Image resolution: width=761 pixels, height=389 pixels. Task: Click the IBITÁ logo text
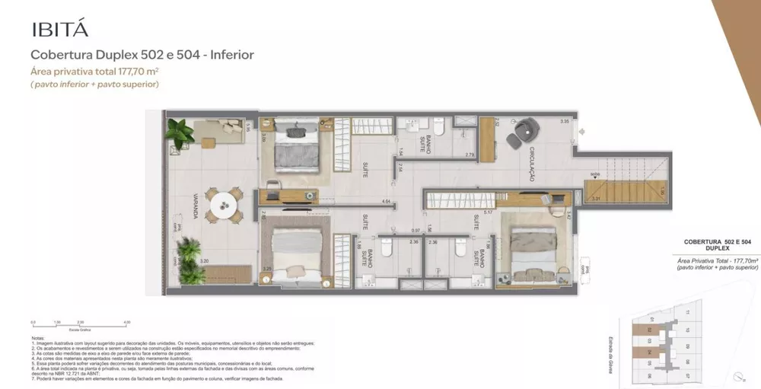(59, 30)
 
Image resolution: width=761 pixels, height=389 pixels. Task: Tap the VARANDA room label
(195, 205)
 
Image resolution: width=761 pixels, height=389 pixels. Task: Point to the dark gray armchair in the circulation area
(519, 136)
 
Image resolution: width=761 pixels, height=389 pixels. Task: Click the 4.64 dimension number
(386, 202)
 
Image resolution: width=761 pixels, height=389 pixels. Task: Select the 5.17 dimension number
(487, 214)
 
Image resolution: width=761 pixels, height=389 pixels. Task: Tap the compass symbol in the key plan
(738, 375)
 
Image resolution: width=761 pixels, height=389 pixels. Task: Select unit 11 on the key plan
(687, 313)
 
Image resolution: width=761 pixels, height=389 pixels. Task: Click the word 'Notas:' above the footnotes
(38, 337)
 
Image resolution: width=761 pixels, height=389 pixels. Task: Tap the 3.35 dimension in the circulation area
(564, 122)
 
